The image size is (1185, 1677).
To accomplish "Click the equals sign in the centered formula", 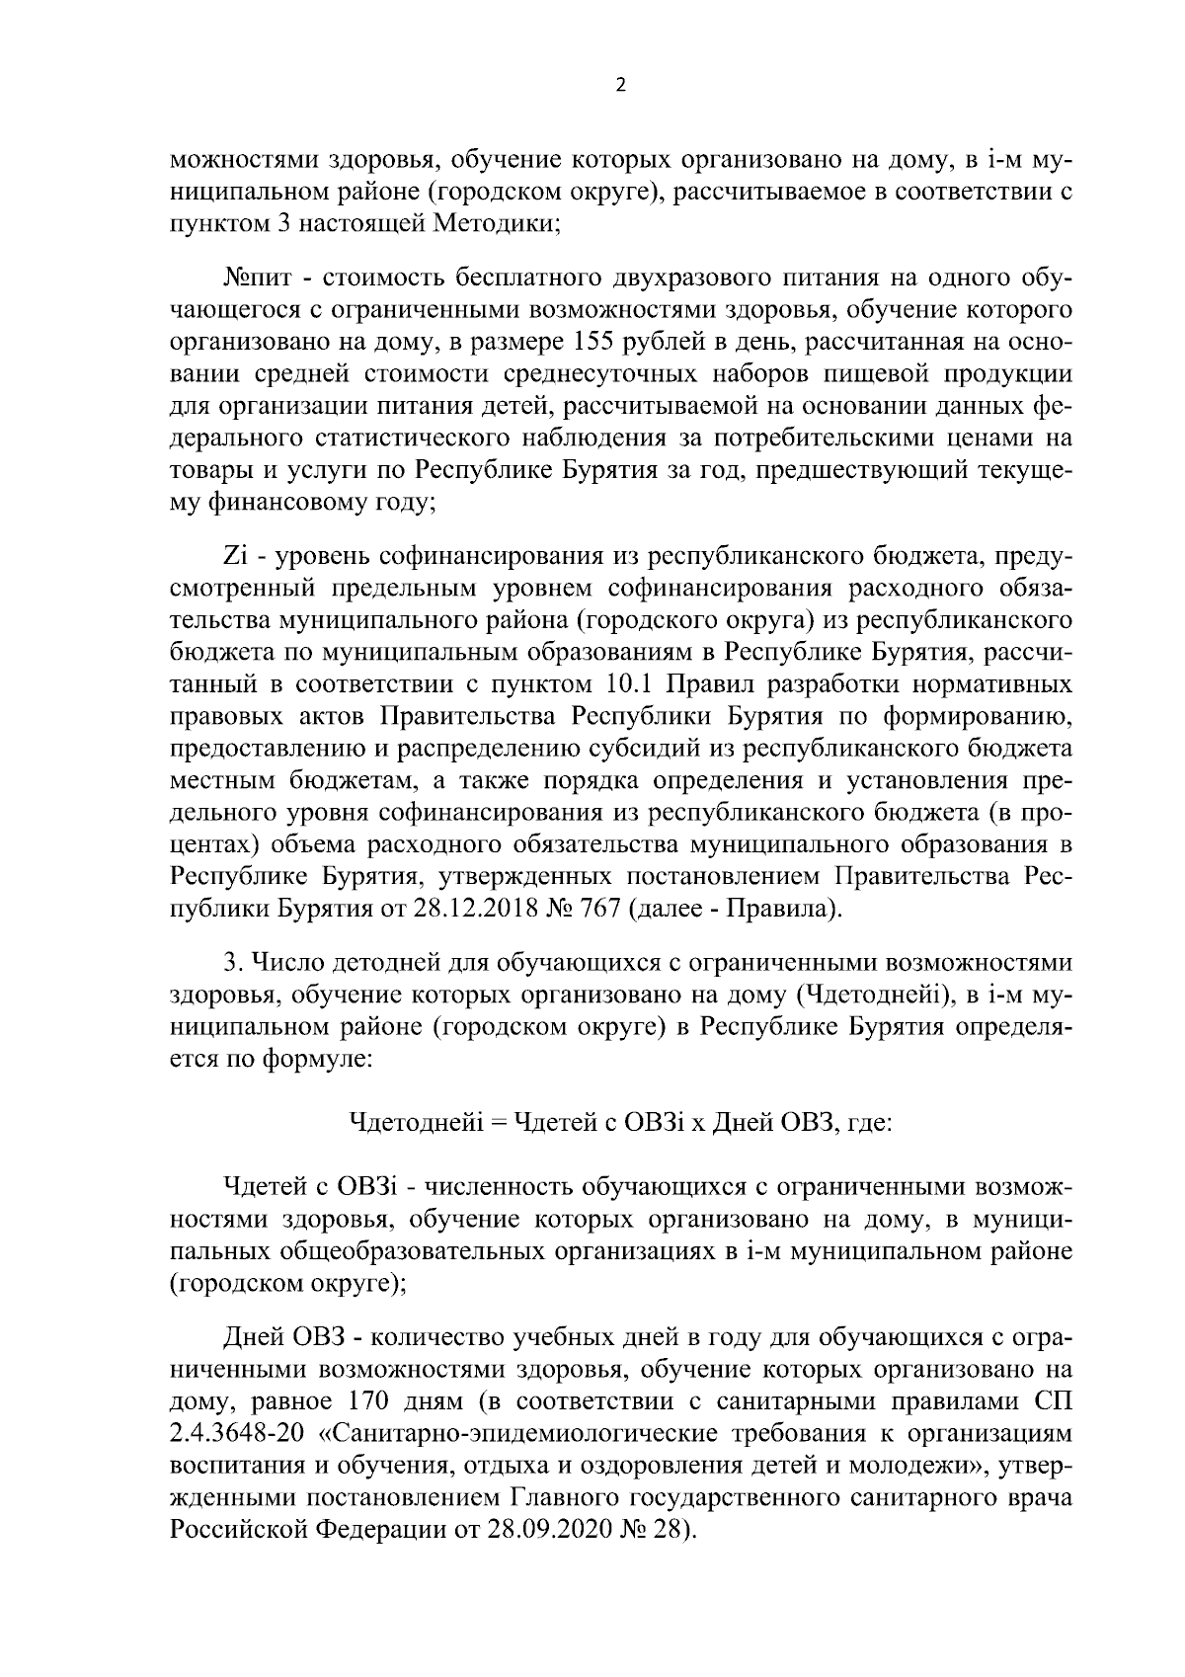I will coord(498,1124).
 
